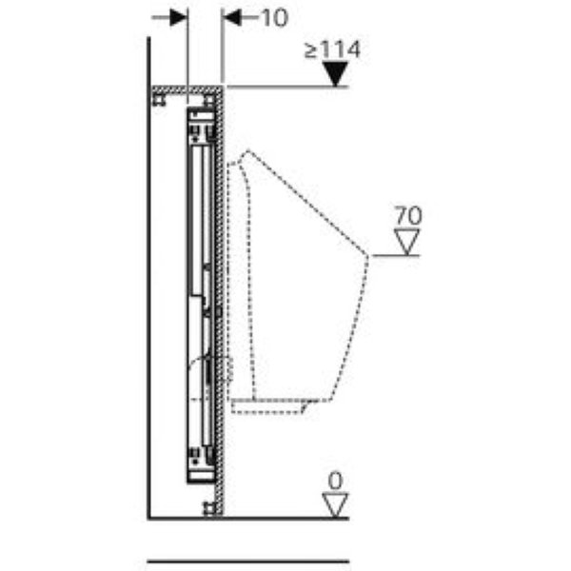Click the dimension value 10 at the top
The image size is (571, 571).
click(275, 18)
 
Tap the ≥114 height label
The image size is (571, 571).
click(332, 49)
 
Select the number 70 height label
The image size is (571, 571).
click(408, 215)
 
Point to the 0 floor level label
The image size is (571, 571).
click(335, 481)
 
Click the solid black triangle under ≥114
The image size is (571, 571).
click(335, 74)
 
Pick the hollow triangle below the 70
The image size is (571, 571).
click(406, 242)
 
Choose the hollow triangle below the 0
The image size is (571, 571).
click(335, 505)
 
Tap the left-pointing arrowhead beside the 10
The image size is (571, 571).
click(232, 17)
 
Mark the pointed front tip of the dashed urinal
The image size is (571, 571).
click(368, 255)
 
